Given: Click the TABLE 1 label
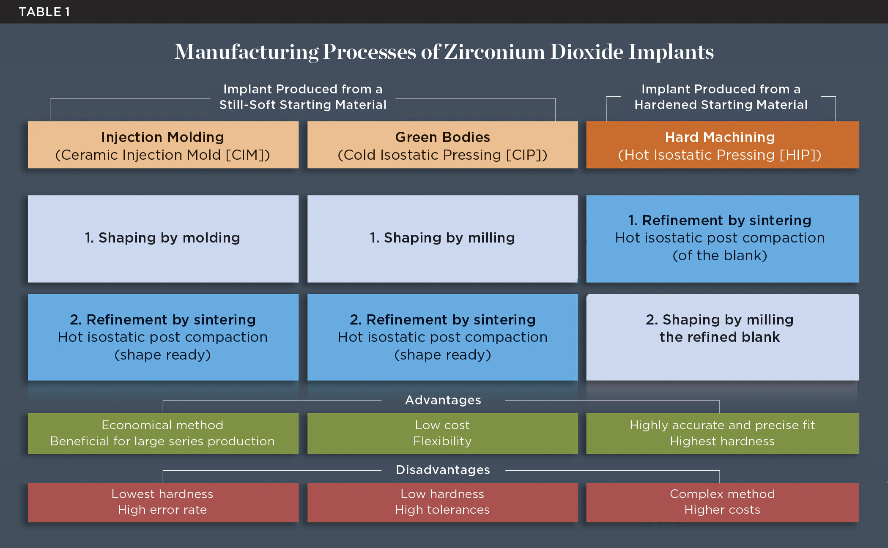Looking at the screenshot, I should click(44, 12).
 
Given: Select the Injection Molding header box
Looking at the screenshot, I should click(163, 145).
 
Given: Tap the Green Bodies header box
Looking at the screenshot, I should click(442, 145).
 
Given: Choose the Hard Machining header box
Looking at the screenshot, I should click(722, 145).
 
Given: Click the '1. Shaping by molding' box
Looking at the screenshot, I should click(163, 238).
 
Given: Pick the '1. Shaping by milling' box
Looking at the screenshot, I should click(442, 238).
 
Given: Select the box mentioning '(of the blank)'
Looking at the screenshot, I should click(722, 238).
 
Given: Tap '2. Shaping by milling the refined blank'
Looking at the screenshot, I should click(722, 337).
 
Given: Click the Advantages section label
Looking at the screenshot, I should click(443, 400).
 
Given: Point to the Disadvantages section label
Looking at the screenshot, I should click(443, 470).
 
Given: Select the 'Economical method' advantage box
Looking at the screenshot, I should click(163, 433).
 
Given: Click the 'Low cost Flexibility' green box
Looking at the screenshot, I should click(442, 433).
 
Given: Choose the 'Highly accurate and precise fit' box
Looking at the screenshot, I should click(722, 433).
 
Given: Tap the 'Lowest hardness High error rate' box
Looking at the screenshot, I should click(163, 502).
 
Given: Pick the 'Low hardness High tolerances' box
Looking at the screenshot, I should click(442, 502).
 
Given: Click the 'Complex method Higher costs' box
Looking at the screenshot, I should click(722, 502).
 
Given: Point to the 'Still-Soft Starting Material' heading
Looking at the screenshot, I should click(303, 105).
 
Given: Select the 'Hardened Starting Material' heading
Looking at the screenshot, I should click(721, 105).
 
